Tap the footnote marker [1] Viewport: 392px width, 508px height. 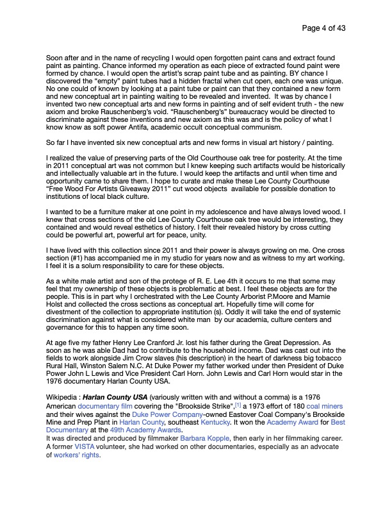coord(237,405)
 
